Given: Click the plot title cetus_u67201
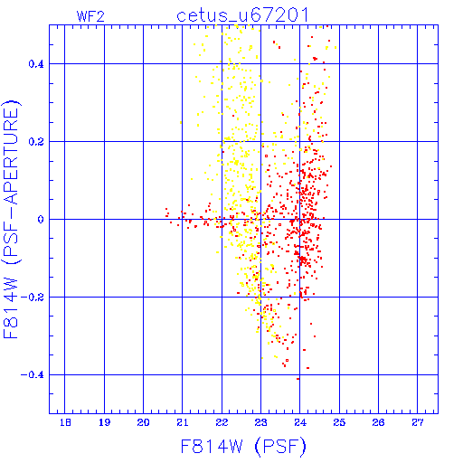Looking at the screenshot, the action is tap(242, 15).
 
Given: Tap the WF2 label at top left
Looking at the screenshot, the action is tap(90, 16).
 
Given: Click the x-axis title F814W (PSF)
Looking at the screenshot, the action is tap(243, 446).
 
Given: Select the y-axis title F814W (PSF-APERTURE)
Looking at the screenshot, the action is tap(12, 220).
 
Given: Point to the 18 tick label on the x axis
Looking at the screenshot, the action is tap(65, 422).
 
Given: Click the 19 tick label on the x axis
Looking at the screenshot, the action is tap(104, 422).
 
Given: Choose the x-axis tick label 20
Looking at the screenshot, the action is tap(143, 422).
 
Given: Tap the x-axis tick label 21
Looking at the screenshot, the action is tap(183, 422).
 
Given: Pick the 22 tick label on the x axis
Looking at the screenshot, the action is tap(222, 422).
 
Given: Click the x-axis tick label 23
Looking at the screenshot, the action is tap(260, 422).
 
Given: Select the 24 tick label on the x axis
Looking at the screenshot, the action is tap(300, 422).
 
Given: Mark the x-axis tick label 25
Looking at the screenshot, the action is tap(339, 422).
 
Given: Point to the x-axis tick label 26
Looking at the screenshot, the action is tap(378, 422).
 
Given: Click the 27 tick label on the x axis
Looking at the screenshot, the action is tap(418, 422).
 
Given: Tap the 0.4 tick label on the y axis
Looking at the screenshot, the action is tap(36, 64).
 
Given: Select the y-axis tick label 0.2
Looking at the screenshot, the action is tap(36, 142).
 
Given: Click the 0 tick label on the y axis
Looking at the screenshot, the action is tap(41, 220).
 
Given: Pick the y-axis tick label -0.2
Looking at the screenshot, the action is tap(33, 298).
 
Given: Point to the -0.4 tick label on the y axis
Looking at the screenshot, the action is tap(33, 375).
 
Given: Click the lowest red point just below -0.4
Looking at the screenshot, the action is tap(298, 379).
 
